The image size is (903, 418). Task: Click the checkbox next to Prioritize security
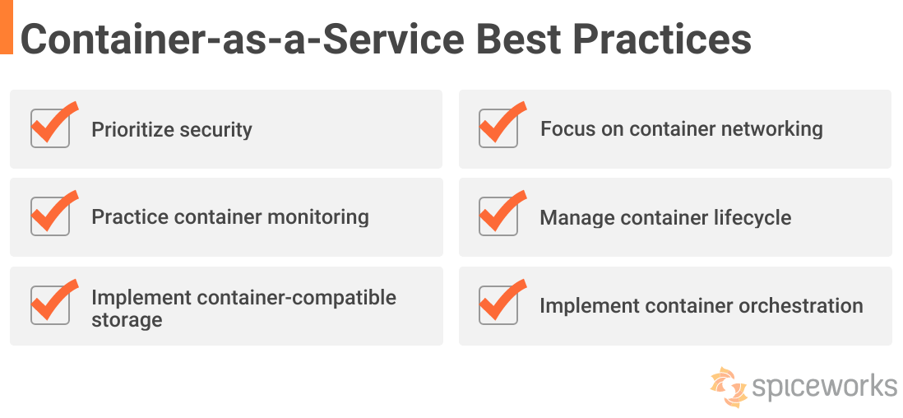pyautogui.click(x=51, y=128)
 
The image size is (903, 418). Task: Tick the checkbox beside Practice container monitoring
pyautogui.click(x=51, y=216)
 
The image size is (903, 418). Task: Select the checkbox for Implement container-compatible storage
pyautogui.click(x=51, y=305)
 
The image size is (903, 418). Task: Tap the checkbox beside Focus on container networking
pyautogui.click(x=498, y=128)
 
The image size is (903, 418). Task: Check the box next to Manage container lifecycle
pyautogui.click(x=498, y=216)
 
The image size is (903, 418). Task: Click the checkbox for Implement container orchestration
pyautogui.click(x=498, y=305)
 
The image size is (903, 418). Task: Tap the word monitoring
pyautogui.click(x=310, y=217)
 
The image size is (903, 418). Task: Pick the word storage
pyautogui.click(x=127, y=320)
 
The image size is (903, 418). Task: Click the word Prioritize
pyautogui.click(x=132, y=129)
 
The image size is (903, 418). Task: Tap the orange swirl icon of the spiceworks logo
pyautogui.click(x=729, y=386)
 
